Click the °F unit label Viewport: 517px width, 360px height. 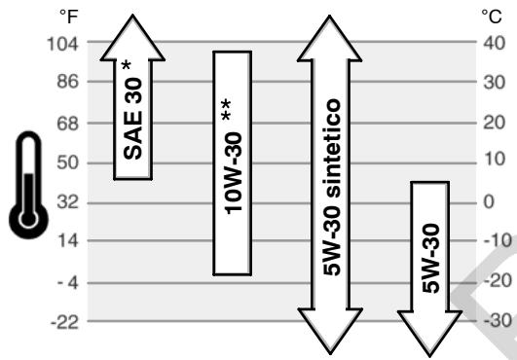pos(68,17)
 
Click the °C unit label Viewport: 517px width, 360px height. pos(492,17)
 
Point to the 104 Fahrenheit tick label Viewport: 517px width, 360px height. pos(62,44)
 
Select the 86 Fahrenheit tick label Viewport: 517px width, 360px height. pos(67,81)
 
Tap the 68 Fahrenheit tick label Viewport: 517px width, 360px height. pos(67,124)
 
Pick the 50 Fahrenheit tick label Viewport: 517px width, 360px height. pos(67,162)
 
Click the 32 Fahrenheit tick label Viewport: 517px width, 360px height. pos(67,201)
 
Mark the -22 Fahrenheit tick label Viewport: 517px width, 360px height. pos(64,322)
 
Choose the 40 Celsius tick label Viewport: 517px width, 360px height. pos(495,43)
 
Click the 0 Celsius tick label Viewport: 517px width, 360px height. pos(489,201)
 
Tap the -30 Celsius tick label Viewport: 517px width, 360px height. pos(498,320)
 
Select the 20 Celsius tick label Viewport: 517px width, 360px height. pos(495,123)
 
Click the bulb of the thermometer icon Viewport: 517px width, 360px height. pos(28,220)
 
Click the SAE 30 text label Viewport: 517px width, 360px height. pos(132,119)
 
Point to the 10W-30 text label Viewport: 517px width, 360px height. pos(233,173)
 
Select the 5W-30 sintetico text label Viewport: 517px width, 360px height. pos(331,187)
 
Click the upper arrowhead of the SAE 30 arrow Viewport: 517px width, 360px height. pos(132,41)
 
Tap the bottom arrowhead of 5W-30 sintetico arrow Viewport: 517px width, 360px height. pos(330,330)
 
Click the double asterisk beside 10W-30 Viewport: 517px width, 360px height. pos(227,110)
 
